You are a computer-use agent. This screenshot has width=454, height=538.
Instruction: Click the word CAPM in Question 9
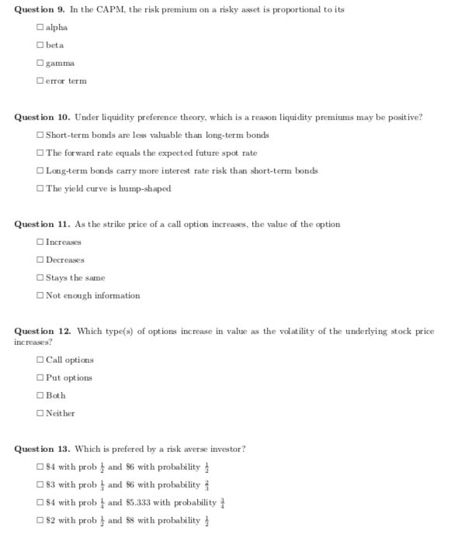(126, 9)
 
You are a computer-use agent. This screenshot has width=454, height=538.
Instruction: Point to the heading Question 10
(43, 117)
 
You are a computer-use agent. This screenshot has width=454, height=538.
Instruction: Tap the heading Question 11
(43, 224)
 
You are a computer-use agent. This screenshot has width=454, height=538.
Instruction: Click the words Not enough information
(93, 295)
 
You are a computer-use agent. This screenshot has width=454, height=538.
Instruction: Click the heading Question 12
(43, 331)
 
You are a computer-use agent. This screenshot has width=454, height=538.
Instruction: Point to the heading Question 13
(43, 449)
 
